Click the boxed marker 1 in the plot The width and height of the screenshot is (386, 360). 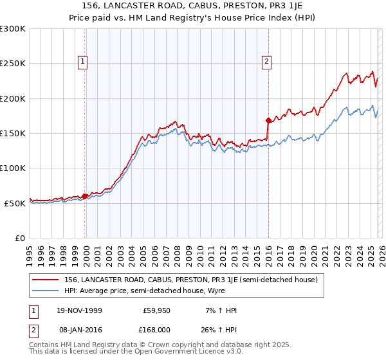[x=84, y=62]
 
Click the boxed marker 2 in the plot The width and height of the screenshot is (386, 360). [x=266, y=62]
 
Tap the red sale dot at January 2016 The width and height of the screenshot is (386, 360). [x=268, y=120]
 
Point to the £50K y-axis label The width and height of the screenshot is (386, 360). [x=15, y=203]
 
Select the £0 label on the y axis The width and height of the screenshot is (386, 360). [x=20, y=238]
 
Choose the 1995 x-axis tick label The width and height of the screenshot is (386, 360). [x=30, y=253]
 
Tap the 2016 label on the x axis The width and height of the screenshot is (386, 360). [x=268, y=253]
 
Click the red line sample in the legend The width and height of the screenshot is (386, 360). [x=46, y=280]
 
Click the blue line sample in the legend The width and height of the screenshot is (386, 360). [x=46, y=290]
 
